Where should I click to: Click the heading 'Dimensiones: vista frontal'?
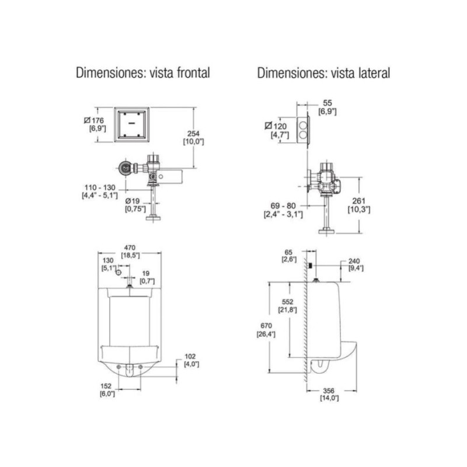pyautogui.click(x=143, y=73)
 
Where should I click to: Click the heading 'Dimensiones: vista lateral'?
pyautogui.click(x=323, y=73)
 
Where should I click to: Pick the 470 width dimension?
pyautogui.click(x=130, y=247)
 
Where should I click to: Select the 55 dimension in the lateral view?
pyautogui.click(x=327, y=102)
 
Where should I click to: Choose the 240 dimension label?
pyautogui.click(x=354, y=261)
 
